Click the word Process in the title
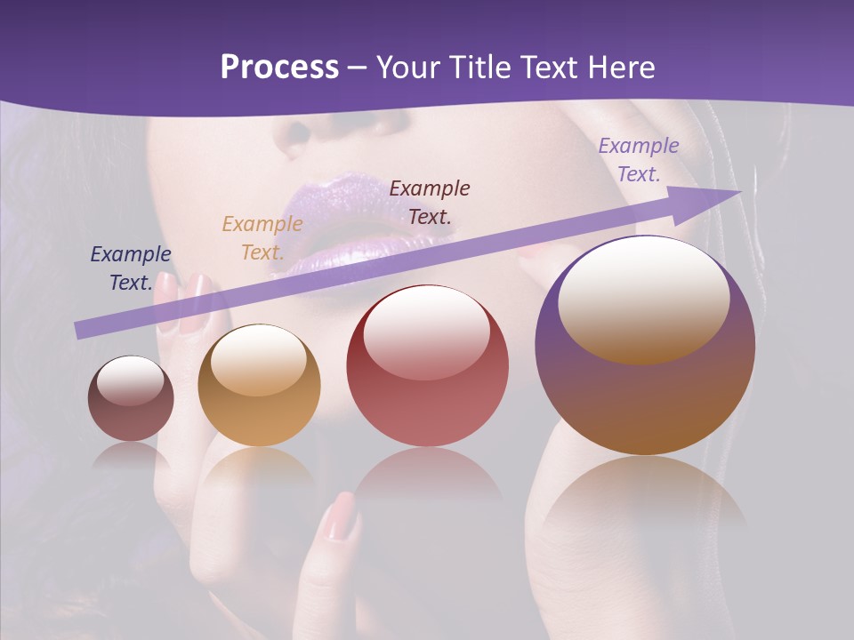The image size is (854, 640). pyautogui.click(x=279, y=68)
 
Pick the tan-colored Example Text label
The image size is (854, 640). pyautogui.click(x=262, y=238)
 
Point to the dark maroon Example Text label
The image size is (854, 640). pyautogui.click(x=430, y=203)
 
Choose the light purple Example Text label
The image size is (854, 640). pyautogui.click(x=638, y=160)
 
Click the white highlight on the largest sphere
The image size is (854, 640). pyautogui.click(x=643, y=298)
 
